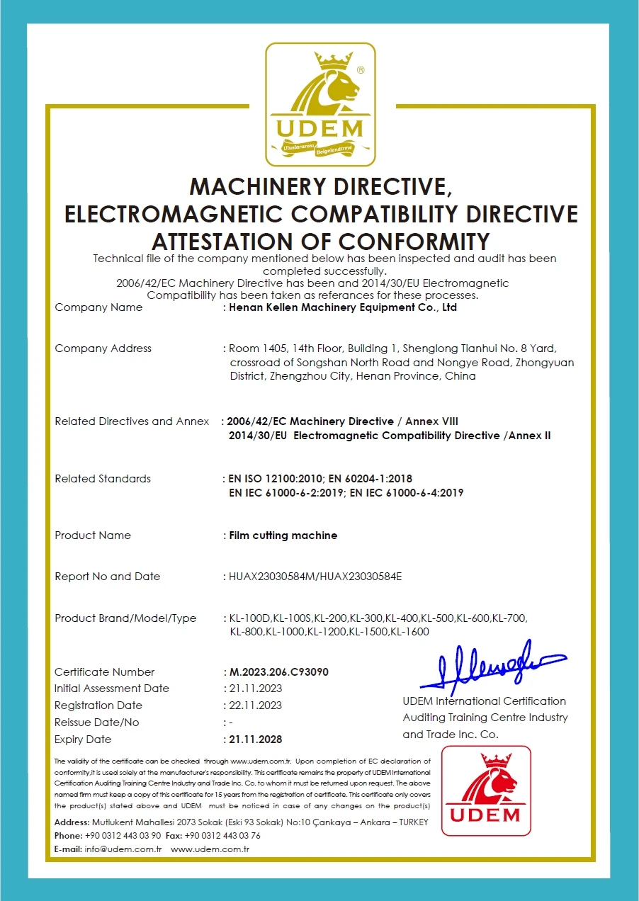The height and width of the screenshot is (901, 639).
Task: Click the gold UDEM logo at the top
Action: coord(320,104)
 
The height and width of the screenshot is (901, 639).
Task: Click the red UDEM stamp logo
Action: coord(485,790)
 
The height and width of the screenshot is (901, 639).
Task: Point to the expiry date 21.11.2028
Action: coord(256,739)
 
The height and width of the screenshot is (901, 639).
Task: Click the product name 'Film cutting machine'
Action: coord(283,535)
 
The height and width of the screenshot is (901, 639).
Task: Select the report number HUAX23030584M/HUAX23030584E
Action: coord(315,577)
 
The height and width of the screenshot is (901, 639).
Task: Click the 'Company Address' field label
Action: coord(103,348)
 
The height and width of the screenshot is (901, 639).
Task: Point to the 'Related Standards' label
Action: coord(103,479)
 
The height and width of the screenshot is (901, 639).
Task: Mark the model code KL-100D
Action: coord(251,618)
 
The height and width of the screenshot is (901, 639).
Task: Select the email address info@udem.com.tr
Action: coord(124,849)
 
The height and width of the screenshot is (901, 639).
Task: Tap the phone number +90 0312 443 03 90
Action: coord(123,836)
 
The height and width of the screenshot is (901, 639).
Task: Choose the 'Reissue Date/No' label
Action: coord(97,722)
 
